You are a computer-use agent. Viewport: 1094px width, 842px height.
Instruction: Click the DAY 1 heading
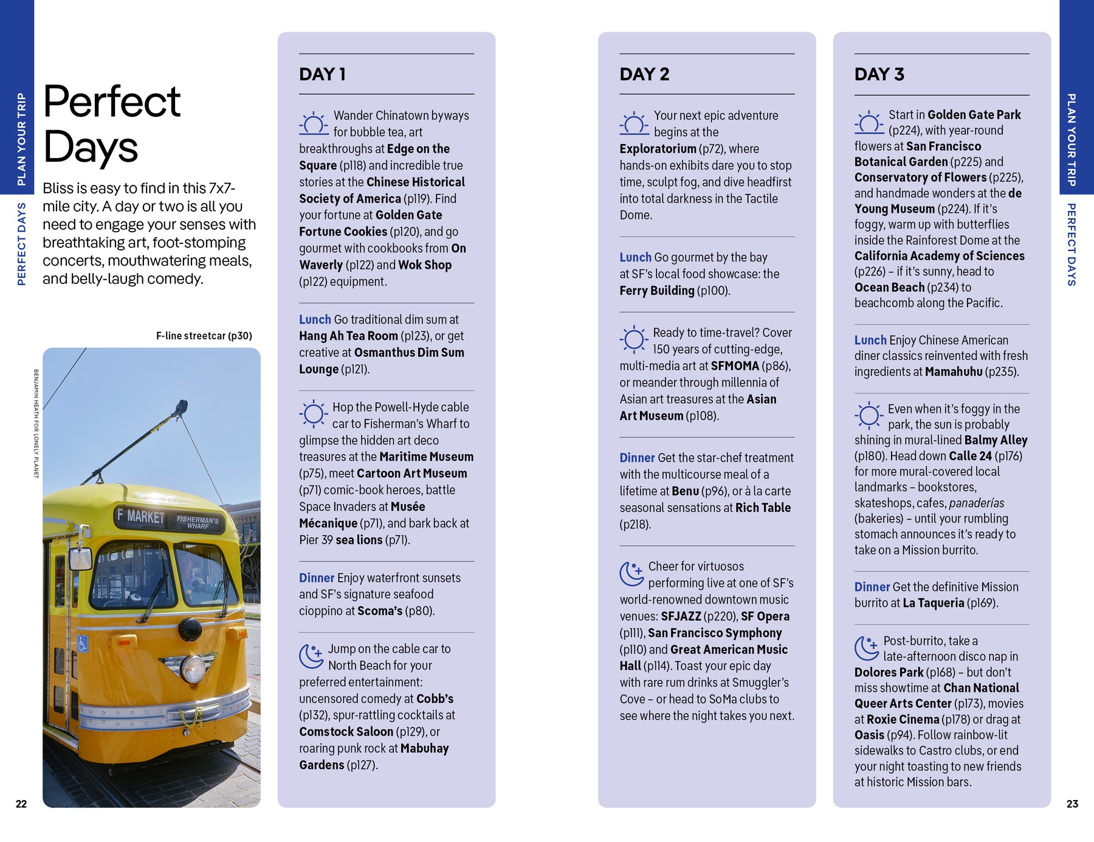point(322,74)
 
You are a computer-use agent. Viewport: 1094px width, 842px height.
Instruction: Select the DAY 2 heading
point(644,74)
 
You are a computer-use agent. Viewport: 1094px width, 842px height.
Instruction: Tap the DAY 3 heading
point(879,74)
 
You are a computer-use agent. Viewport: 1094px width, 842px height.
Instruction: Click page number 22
point(21,804)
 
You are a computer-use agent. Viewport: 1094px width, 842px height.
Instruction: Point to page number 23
point(1072,804)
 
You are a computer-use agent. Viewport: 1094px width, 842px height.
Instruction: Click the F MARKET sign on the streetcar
point(141,517)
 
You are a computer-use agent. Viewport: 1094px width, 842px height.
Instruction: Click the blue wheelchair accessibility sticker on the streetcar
point(83,644)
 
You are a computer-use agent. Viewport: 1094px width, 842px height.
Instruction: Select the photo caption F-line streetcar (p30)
point(204,336)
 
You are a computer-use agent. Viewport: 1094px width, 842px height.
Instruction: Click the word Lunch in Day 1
point(315,319)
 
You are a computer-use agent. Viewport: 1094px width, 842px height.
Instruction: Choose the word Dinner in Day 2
point(637,458)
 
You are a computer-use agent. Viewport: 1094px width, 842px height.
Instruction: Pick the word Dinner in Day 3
point(872,587)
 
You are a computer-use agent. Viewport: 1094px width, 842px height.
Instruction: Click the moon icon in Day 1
point(311,656)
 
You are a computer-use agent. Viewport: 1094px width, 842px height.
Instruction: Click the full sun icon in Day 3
point(869,416)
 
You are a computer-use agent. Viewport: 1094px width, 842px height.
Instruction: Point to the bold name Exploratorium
point(658,149)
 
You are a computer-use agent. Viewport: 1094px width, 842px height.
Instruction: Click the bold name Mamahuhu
point(954,371)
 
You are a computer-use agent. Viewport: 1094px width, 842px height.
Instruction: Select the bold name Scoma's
point(377,611)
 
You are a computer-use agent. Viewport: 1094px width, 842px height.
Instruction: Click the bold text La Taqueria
point(933,603)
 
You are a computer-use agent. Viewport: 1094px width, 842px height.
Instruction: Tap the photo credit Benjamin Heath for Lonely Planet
point(36,423)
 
